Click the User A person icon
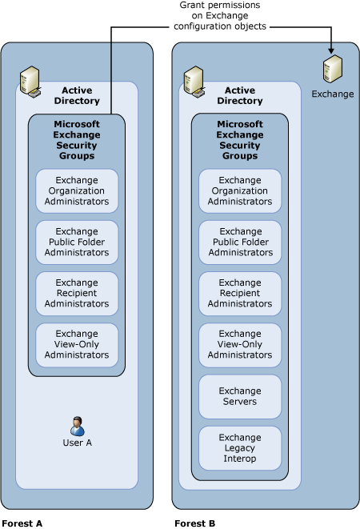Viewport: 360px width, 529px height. point(77,426)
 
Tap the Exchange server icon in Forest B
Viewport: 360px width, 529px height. point(332,70)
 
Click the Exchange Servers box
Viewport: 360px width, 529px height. point(240,396)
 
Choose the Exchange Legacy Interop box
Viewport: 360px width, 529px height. point(240,447)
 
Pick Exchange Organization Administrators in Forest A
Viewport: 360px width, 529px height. point(77,190)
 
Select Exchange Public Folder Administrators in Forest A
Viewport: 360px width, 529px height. point(77,242)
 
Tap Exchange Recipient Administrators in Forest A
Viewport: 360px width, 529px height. point(77,293)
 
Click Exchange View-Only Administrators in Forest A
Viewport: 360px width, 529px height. point(77,344)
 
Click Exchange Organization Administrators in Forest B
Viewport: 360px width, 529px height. point(240,191)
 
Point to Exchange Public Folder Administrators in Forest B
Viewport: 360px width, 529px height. point(240,242)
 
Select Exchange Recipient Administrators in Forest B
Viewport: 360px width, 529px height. point(240,294)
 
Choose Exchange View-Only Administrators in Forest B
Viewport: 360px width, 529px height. point(240,345)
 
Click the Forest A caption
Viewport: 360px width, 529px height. point(22,523)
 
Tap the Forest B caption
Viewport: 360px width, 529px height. point(194,523)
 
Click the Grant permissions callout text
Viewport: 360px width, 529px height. point(219,15)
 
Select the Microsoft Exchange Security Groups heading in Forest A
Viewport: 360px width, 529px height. point(76,140)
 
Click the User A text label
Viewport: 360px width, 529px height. point(77,443)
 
